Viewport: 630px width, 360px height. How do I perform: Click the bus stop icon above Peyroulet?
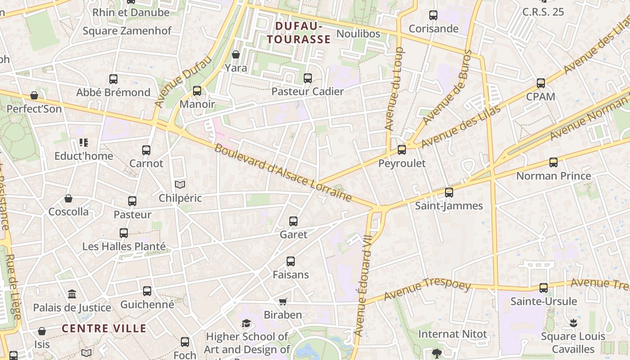click(402, 150)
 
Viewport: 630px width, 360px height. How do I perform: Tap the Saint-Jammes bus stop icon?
click(449, 193)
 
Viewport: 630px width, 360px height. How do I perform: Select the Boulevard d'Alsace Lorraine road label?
click(283, 173)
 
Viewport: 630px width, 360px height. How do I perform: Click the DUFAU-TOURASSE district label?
click(299, 33)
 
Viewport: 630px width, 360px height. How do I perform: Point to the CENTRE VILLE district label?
click(104, 328)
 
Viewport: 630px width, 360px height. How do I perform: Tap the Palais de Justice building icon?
click(72, 294)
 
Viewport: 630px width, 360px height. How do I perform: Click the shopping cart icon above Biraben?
click(283, 301)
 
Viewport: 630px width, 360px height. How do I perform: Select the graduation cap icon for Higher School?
click(246, 324)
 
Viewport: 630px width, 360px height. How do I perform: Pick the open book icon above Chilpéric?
click(180, 184)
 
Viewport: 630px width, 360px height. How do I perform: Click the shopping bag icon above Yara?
click(236, 54)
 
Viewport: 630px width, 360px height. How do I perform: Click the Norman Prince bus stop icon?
click(553, 162)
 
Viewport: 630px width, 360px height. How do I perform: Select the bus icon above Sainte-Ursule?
click(544, 288)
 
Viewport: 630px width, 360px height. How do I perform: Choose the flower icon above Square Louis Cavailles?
click(573, 323)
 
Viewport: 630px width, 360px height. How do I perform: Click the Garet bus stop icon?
click(293, 221)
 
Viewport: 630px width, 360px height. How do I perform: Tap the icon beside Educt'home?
click(84, 143)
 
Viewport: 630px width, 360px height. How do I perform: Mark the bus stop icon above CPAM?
click(541, 83)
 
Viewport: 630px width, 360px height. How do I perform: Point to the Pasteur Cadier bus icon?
click(308, 78)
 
